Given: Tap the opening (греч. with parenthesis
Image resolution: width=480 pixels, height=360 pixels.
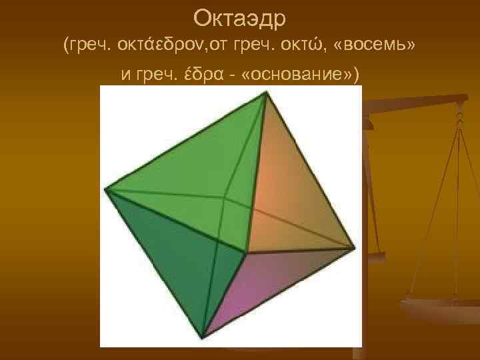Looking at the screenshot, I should pos(87,46).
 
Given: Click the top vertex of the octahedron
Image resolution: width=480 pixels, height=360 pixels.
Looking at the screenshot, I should pos(268,93).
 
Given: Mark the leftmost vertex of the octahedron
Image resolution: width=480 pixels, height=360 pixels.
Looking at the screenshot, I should pos(105,190).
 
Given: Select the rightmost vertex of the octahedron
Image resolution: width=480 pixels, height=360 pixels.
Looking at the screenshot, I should pos(355,247).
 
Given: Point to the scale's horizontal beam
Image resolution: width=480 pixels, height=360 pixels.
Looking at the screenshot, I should pos(420,103).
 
